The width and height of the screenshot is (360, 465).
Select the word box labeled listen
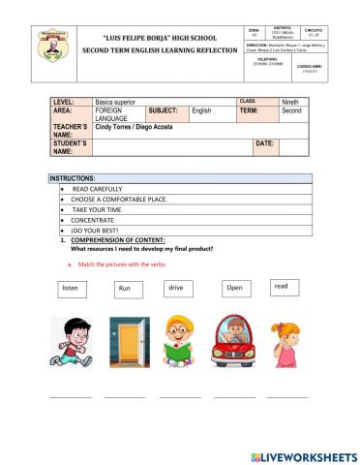pos(70,289)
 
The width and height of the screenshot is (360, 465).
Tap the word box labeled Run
pos(125,289)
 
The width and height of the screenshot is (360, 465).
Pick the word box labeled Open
pos(234,289)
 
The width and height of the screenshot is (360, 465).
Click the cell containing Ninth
pos(292,102)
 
